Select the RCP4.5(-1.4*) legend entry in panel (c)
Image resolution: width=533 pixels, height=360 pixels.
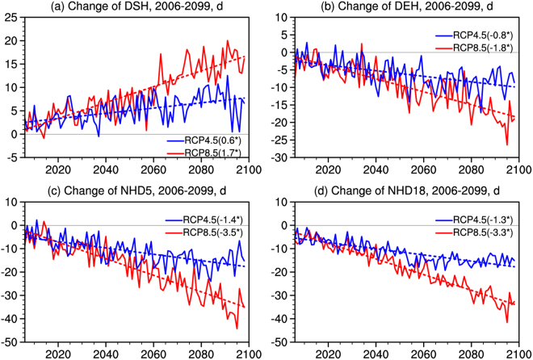pyautogui.click(x=205, y=220)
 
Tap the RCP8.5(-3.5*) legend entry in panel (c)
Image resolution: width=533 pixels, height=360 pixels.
pyautogui.click(x=205, y=232)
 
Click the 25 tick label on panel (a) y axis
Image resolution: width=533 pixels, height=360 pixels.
pyautogui.click(x=10, y=18)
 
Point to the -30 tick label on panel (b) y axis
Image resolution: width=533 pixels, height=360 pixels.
pyautogui.click(x=279, y=157)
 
